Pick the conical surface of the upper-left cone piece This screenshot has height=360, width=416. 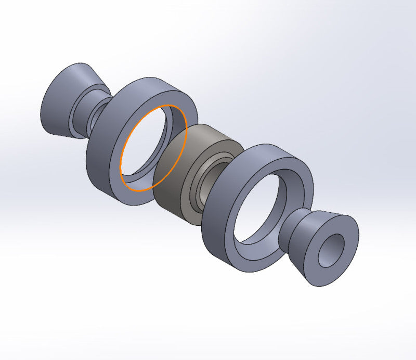[x=57, y=101]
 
